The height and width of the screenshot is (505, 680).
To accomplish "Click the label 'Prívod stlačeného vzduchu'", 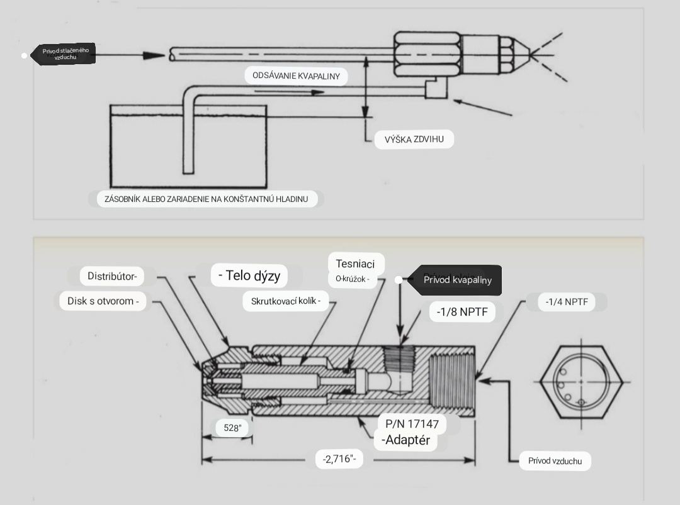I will [65, 53].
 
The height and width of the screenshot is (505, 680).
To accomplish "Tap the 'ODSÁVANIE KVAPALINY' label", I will [296, 76].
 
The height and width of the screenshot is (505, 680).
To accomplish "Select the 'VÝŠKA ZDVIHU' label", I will [414, 140].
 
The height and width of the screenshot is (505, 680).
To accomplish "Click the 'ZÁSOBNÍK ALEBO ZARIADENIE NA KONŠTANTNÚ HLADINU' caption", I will [206, 199].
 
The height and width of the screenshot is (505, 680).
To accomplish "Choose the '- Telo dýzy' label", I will [249, 275].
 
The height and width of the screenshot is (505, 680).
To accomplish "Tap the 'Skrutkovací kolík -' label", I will [286, 301].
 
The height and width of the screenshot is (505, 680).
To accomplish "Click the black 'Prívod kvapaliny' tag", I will [457, 280].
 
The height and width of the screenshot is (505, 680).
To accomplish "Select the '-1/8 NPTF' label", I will [462, 312].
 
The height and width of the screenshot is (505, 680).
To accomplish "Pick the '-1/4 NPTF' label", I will [567, 302].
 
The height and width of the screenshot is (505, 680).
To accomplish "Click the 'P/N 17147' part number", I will [412, 424].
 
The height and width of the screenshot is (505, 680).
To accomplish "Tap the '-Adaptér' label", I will [406, 440].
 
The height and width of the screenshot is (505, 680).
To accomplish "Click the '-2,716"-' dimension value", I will [339, 459].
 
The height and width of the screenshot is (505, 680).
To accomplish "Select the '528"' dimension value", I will [232, 428].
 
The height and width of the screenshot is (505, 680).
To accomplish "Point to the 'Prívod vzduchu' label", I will [555, 461].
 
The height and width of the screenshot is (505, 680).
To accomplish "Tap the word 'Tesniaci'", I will [355, 264].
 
